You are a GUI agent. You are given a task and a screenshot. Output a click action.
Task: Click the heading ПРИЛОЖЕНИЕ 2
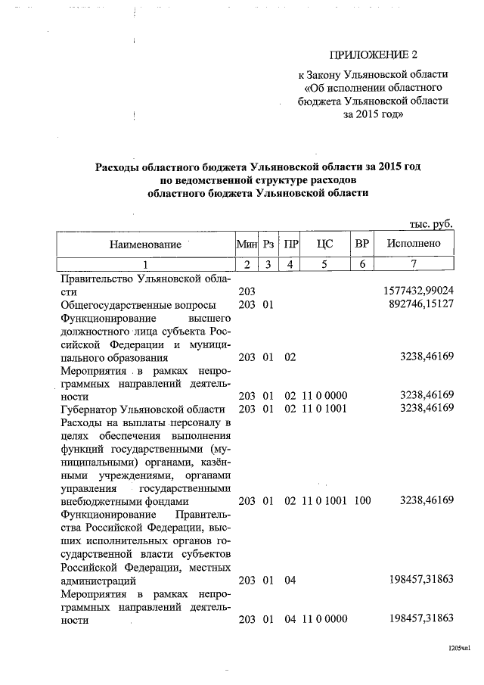[x=373, y=55]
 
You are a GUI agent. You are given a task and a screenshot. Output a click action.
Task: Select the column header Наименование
[x=145, y=244]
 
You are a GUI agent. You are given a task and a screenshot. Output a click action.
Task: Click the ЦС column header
[x=324, y=244]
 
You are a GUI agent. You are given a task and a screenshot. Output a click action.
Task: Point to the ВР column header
[x=362, y=244]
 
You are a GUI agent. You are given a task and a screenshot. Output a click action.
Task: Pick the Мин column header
[x=247, y=244]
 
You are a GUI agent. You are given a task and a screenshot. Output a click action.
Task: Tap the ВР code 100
[x=362, y=500]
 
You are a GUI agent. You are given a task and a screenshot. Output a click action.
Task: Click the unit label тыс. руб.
[x=430, y=224]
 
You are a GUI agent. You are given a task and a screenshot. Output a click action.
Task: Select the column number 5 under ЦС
[x=324, y=264]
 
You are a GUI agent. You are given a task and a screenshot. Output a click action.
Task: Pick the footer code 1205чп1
[x=457, y=648]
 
